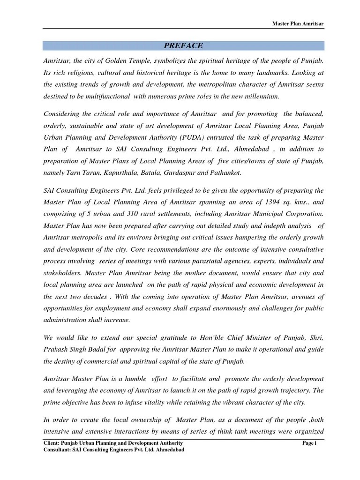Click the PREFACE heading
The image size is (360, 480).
(183, 45)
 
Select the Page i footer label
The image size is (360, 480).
(310, 443)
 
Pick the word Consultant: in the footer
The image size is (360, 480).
(59, 450)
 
